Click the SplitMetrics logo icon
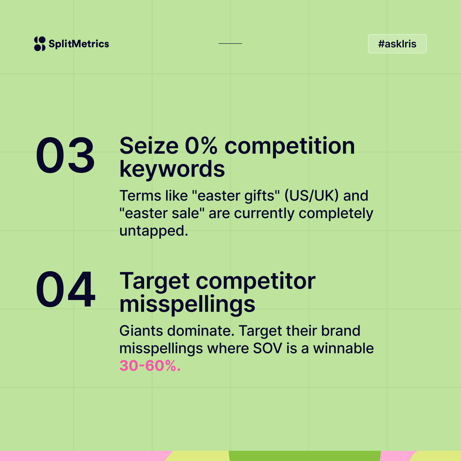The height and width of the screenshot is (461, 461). [40, 44]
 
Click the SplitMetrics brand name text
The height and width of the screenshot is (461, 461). [79, 44]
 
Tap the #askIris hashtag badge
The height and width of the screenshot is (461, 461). [397, 44]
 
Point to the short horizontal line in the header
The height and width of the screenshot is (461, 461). [230, 43]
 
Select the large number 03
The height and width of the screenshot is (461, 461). [65, 155]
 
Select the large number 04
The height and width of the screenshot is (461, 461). [65, 290]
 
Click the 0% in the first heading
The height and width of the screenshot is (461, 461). [201, 146]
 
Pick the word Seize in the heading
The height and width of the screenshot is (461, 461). [149, 146]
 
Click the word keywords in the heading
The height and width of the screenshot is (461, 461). [172, 169]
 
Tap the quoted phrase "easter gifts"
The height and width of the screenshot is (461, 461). [238, 196]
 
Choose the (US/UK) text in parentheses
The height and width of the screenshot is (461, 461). [312, 196]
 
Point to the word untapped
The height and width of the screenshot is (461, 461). [154, 231]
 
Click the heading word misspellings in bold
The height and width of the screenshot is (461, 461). [187, 304]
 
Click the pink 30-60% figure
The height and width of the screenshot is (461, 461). [150, 366]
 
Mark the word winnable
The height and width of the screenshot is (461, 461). [343, 348]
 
